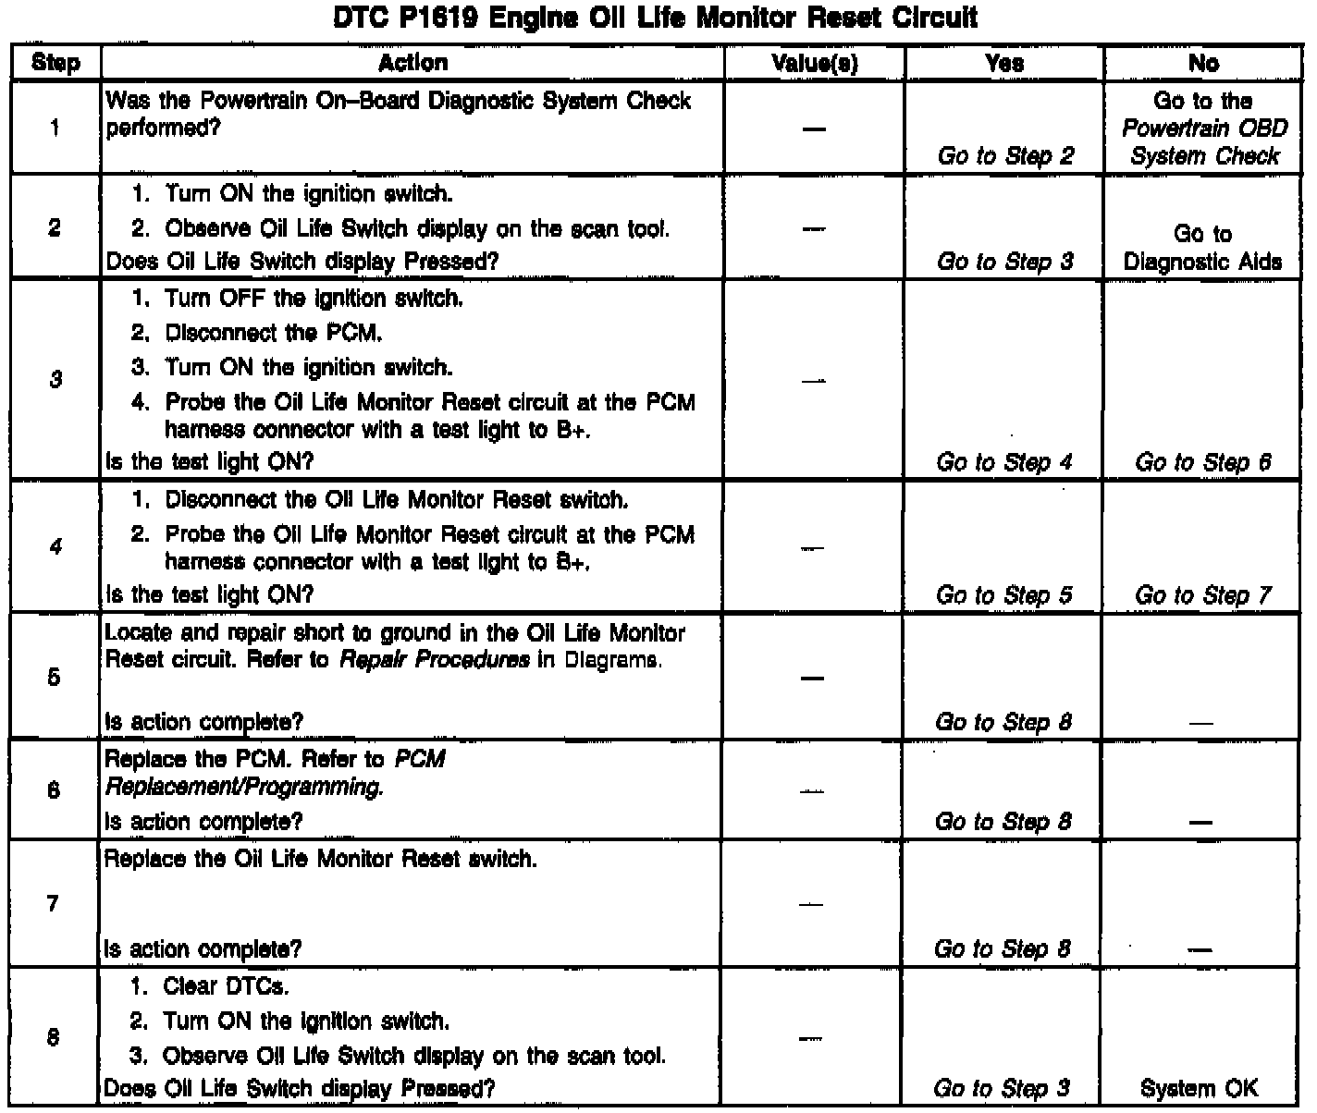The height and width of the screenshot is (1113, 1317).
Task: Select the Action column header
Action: click(412, 63)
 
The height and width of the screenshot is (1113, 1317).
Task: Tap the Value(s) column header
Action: click(814, 63)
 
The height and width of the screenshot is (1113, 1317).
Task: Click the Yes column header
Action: click(1004, 63)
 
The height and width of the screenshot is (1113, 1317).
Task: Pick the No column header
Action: click(1203, 63)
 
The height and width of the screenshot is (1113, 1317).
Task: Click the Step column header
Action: click(55, 63)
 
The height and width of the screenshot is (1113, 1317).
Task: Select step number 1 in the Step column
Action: click(55, 128)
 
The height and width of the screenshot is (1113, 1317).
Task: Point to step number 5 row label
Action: click(55, 678)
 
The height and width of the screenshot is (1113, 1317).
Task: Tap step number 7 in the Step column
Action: click(54, 903)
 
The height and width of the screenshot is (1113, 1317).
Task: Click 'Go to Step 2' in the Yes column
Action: click(1005, 155)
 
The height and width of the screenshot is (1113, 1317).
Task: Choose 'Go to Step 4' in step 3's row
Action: click(1004, 462)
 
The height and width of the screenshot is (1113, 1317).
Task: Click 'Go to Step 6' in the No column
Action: click(1203, 462)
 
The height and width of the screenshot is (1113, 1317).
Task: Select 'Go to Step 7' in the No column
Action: click(1203, 595)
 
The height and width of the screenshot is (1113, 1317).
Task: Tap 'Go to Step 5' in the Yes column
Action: click(1004, 595)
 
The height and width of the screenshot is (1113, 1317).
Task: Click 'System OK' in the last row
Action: click(1200, 1089)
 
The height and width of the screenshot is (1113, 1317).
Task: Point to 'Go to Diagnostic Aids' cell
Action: click(1203, 248)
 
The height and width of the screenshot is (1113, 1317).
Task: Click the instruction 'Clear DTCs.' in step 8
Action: click(226, 985)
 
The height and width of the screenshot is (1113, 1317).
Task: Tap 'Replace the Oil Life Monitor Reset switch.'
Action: click(321, 860)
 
